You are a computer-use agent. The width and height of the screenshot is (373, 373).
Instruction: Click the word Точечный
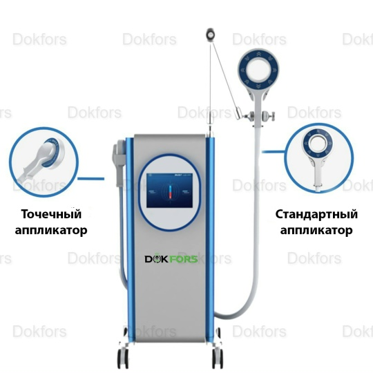[51, 214]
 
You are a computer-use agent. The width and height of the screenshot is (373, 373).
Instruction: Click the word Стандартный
[316, 214]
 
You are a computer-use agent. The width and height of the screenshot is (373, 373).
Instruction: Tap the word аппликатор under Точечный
[51, 230]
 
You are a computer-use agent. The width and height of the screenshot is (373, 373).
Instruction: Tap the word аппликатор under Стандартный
[316, 230]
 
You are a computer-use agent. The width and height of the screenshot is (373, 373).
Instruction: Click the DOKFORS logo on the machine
[171, 259]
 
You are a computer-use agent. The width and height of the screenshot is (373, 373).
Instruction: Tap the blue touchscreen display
[170, 191]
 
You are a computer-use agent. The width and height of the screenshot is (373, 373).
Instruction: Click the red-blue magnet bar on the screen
[170, 192]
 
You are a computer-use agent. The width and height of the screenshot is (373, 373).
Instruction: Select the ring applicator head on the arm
[258, 70]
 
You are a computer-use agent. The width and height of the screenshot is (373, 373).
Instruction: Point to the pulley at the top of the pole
[210, 35]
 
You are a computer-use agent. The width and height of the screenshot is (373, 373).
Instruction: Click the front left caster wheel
[123, 358]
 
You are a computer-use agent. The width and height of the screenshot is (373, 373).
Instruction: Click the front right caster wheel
[217, 358]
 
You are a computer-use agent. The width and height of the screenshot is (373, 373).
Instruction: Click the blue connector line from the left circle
[91, 178]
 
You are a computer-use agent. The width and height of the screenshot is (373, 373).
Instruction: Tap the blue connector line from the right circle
[274, 151]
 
